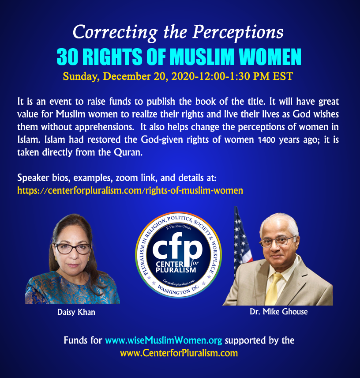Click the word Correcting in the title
pos(115,33)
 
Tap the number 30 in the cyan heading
pos(67,57)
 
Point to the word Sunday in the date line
pos(81,77)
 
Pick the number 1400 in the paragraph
pos(266,140)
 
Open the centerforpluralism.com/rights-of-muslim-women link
pos(130,190)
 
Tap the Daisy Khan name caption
pos(76,312)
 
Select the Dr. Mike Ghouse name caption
pos(279,312)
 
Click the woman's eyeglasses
pos(73,249)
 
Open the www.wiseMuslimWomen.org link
pos(164,340)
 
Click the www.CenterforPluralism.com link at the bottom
pos(179,353)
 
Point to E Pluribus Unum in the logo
pos(178,227)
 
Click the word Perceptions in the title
pos(238,33)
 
